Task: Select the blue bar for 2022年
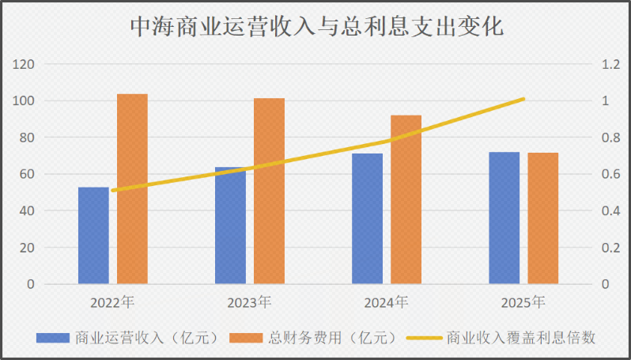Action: click(x=93, y=235)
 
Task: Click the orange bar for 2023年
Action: click(x=269, y=191)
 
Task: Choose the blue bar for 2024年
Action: click(x=367, y=218)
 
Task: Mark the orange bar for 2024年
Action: click(x=406, y=199)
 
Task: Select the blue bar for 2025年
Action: click(x=504, y=218)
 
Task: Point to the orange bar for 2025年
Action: click(x=542, y=218)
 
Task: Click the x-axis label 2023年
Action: click(x=249, y=302)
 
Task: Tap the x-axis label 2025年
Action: click(x=523, y=302)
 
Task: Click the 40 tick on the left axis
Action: click(x=28, y=210)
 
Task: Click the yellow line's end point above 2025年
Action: click(x=523, y=99)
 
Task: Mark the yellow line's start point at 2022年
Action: click(x=113, y=190)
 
